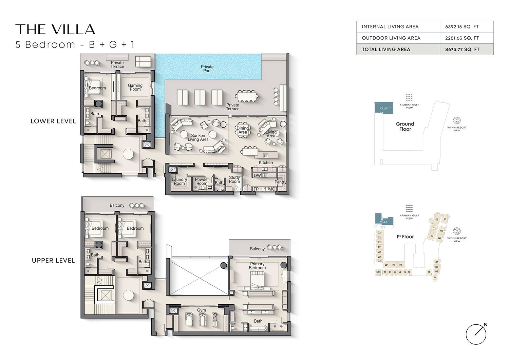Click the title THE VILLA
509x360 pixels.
[x=55, y=30]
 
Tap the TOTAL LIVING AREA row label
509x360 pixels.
[x=386, y=49]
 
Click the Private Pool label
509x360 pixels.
[x=207, y=69]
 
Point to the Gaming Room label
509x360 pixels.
[x=135, y=87]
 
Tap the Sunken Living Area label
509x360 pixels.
[x=198, y=137]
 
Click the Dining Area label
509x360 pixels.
[x=243, y=130]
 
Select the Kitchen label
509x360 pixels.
[x=266, y=163]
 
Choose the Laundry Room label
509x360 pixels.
[x=179, y=182]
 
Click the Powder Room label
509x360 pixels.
[x=202, y=182]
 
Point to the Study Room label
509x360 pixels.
[x=234, y=179]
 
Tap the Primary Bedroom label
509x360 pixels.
[x=257, y=266]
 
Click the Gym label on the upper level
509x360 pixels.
[x=202, y=310]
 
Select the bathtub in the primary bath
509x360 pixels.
[x=258, y=328]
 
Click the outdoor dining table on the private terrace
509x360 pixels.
[x=247, y=96]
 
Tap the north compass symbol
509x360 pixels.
[x=476, y=334]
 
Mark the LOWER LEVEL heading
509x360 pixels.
[x=53, y=121]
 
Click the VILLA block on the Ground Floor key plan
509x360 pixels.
[x=383, y=108]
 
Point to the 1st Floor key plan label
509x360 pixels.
[x=405, y=236]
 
